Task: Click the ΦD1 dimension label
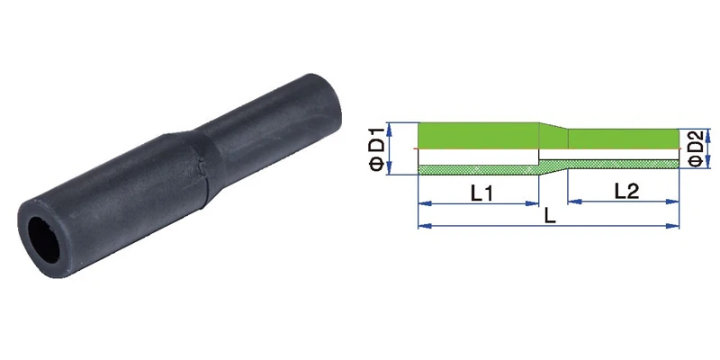pos(376,149)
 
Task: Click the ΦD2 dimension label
pos(696,148)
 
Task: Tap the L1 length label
pos(481,193)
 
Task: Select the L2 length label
pos(626,192)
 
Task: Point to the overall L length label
pos(550,216)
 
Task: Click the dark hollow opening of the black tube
pos(43,239)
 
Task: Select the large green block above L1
pos(478,136)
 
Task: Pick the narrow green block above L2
pos(624,139)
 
